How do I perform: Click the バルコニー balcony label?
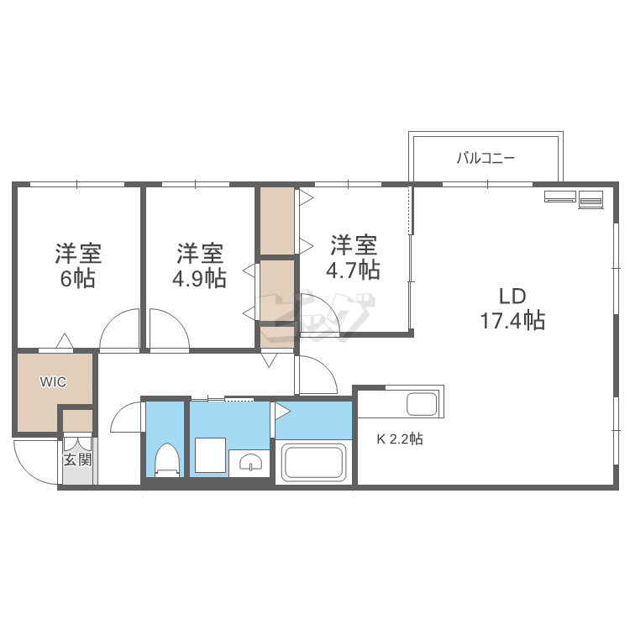[x=485, y=158]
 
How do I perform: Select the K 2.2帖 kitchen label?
[x=399, y=438]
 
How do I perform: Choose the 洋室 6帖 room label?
[x=77, y=265]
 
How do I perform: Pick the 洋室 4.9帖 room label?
[x=199, y=265]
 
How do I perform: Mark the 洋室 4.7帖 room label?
[x=353, y=257]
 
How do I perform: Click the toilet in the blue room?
[x=166, y=459]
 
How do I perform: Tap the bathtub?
[x=313, y=461]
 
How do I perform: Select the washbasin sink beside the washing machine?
[x=250, y=461]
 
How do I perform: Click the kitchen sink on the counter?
[x=421, y=404]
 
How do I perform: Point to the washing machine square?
[x=208, y=456]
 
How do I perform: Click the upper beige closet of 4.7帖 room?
[x=276, y=221]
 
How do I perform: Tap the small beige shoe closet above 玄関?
[x=78, y=419]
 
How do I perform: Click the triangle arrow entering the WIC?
[x=64, y=341]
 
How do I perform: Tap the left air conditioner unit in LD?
[x=559, y=197]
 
